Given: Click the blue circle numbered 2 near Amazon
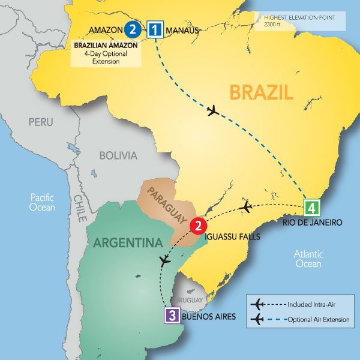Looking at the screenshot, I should (133, 29).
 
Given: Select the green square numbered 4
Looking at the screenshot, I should (311, 208).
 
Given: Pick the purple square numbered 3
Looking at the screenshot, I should (172, 314).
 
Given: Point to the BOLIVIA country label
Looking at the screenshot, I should (118, 155).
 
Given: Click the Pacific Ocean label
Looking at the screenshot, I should (42, 202).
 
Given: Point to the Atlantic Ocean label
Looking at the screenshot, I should (308, 259).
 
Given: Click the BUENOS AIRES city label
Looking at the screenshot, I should (207, 317).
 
